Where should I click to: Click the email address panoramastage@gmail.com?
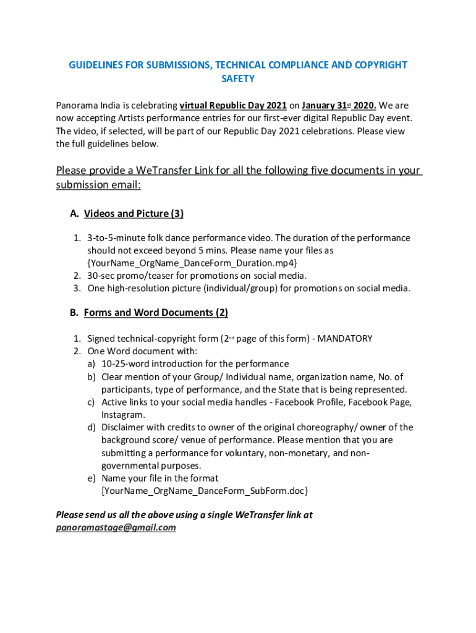(116, 528)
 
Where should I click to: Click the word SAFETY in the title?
(238, 79)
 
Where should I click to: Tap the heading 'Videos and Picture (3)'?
(134, 214)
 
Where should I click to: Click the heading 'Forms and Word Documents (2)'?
(156, 313)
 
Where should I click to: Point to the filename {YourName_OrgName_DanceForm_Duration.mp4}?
(188, 263)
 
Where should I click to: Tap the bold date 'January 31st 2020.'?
(339, 106)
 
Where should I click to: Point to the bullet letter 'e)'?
(91, 478)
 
